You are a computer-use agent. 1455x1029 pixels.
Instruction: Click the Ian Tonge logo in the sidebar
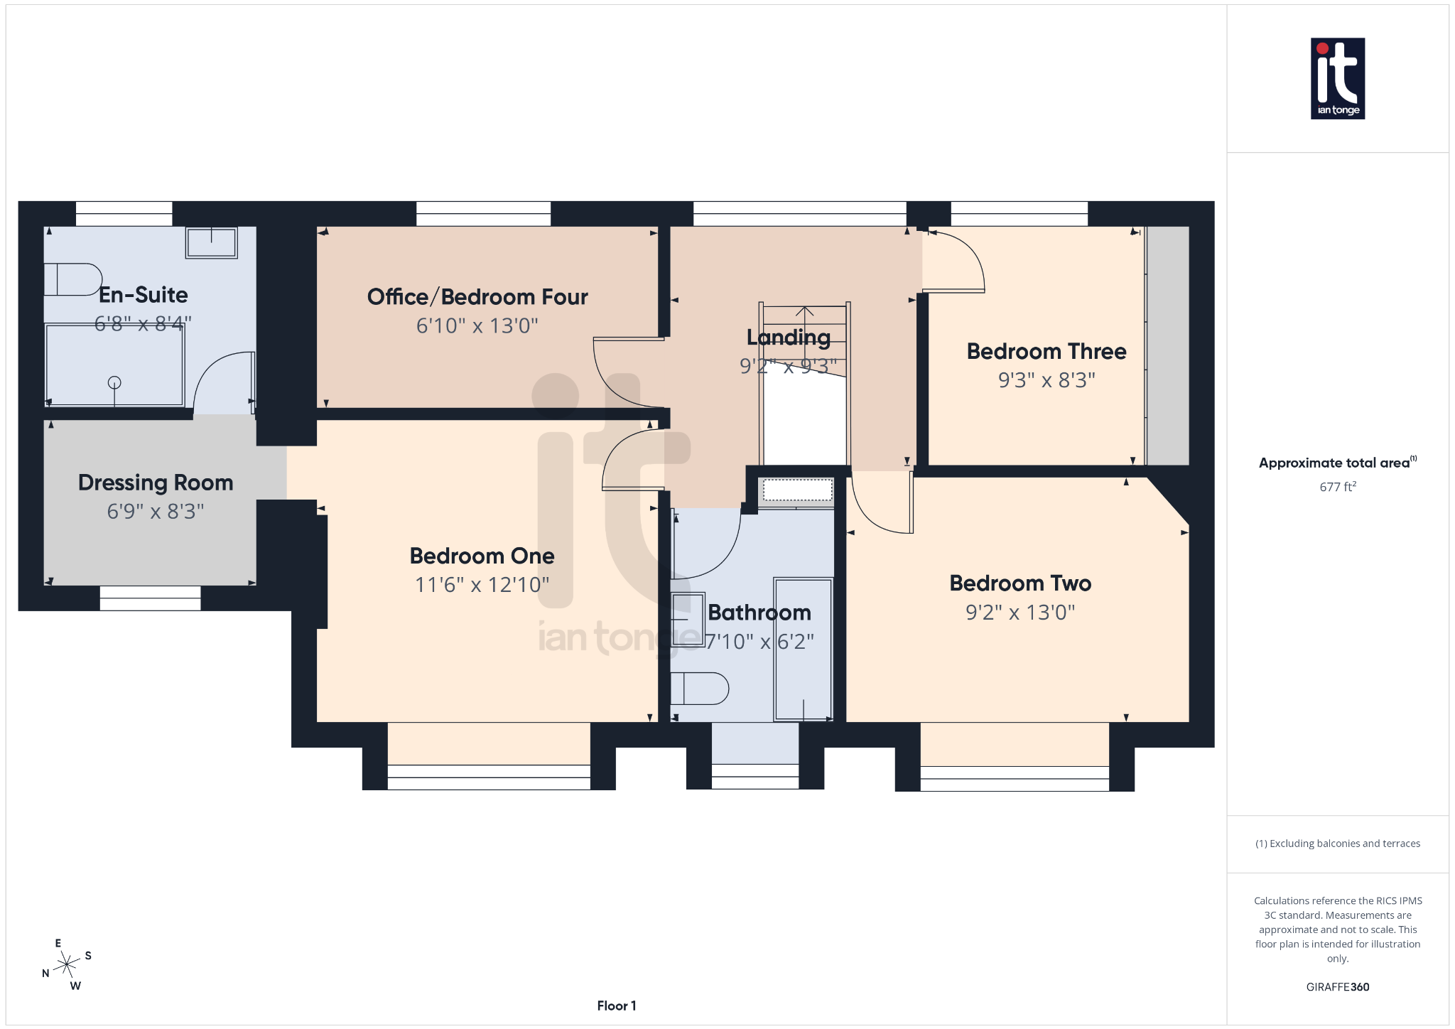click(x=1337, y=78)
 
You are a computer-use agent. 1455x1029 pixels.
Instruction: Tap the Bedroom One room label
click(x=482, y=556)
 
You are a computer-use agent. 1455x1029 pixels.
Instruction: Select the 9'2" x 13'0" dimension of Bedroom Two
click(x=1019, y=613)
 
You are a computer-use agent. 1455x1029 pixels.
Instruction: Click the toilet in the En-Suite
click(x=71, y=279)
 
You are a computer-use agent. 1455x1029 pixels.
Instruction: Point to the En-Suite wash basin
click(x=211, y=242)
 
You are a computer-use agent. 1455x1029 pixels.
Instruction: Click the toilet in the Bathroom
click(x=701, y=688)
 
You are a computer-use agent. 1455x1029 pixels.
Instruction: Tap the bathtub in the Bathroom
click(x=803, y=648)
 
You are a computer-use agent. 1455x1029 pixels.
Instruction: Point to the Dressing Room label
click(x=156, y=483)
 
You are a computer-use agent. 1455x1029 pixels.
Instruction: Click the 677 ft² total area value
click(x=1337, y=487)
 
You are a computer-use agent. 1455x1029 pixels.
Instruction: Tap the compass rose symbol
click(x=67, y=964)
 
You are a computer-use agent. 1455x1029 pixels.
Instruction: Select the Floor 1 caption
click(x=616, y=1006)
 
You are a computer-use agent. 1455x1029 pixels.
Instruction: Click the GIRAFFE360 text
click(x=1337, y=987)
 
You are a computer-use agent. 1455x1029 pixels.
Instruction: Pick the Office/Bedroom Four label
click(x=477, y=297)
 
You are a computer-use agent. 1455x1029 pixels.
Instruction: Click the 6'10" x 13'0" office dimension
click(x=477, y=326)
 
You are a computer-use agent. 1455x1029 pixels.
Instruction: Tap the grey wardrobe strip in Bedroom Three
click(x=1168, y=345)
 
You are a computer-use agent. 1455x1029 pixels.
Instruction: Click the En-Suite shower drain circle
click(x=114, y=382)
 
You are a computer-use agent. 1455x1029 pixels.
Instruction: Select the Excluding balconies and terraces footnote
click(x=1337, y=844)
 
